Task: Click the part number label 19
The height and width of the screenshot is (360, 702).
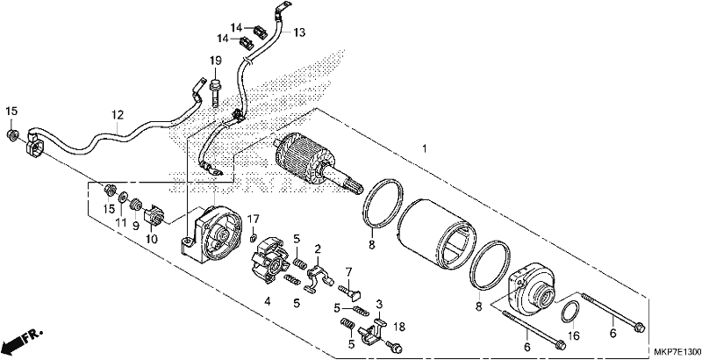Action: point(215,61)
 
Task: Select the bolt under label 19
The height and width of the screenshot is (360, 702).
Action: point(215,92)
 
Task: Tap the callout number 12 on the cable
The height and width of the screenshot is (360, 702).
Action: point(118,115)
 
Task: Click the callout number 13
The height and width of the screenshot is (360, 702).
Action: point(299,32)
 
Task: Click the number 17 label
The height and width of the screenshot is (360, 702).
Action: point(254,220)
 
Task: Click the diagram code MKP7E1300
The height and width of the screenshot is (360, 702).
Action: point(675,352)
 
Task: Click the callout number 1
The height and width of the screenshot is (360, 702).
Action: point(425,148)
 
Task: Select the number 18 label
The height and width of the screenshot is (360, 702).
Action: point(399,328)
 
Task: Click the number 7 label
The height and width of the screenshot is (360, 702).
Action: point(348,271)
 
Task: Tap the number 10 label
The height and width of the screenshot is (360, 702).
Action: point(152,240)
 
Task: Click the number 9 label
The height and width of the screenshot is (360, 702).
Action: point(135,227)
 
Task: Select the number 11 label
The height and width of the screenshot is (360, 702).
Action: point(121,221)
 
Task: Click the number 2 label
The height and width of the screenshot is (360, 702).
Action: point(318,248)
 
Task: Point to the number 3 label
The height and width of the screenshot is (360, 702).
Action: point(379,305)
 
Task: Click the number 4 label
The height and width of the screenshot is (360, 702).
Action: point(268,302)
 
